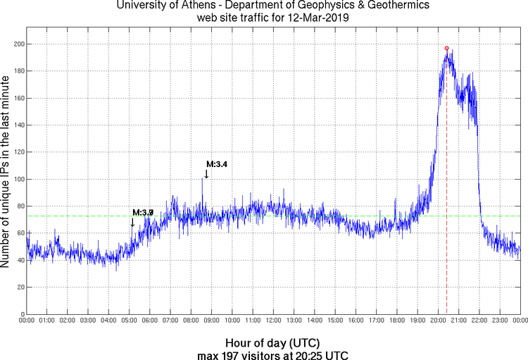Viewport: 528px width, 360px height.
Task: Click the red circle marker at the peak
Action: click(x=446, y=49)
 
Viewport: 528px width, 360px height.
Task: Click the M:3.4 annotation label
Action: click(x=217, y=164)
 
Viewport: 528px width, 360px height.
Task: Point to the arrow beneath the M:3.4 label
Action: click(x=206, y=174)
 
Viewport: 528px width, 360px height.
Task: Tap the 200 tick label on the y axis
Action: click(x=17, y=44)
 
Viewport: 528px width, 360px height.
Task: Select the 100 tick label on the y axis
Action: click(x=17, y=179)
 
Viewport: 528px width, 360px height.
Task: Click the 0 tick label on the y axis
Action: click(x=21, y=314)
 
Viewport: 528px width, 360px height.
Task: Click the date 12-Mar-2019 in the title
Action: click(x=314, y=17)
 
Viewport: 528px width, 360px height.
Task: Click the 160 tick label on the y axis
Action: click(x=17, y=98)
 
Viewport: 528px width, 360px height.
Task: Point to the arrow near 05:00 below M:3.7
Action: click(x=132, y=223)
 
